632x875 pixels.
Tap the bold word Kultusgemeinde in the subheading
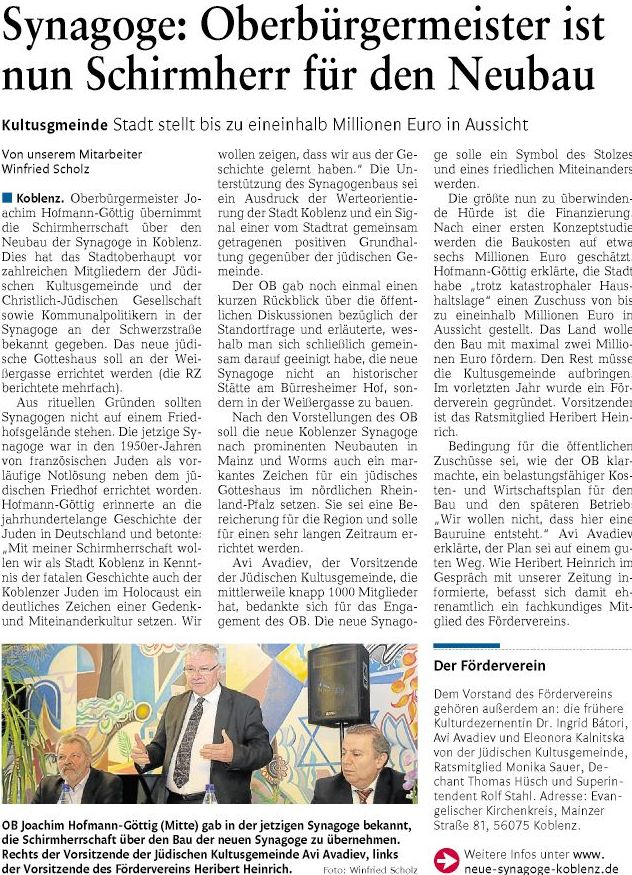(55, 125)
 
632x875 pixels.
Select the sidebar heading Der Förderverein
(489, 665)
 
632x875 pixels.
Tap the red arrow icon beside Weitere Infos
(446, 857)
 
